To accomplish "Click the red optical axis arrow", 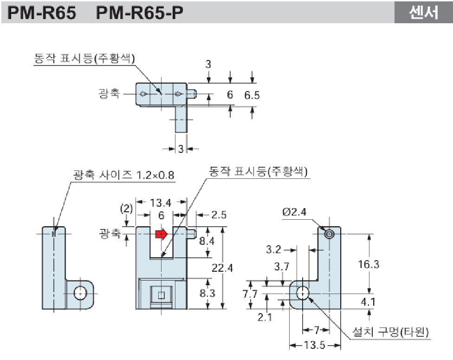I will [161, 234].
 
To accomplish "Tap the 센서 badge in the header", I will [423, 13].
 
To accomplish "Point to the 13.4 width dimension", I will [161, 203].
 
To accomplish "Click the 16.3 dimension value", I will [369, 264].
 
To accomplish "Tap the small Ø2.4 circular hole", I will [330, 234].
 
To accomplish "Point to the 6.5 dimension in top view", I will [252, 95].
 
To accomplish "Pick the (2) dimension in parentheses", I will [126, 208].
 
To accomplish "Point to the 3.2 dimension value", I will [274, 249].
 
